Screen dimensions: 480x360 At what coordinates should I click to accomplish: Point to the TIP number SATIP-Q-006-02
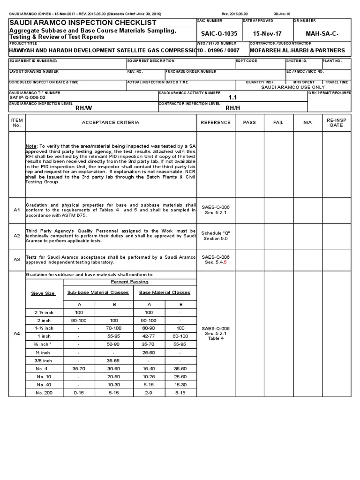tap(28, 97)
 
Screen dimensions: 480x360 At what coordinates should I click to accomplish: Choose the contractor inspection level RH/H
tap(232, 107)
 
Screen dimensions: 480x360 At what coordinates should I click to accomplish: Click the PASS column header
tap(250, 122)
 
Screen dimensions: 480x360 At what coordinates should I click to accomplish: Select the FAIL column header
tap(278, 122)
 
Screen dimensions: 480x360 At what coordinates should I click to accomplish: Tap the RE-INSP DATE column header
tap(336, 122)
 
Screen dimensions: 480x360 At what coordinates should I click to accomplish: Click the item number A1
tap(17, 210)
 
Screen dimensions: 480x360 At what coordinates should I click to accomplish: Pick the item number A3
tap(17, 259)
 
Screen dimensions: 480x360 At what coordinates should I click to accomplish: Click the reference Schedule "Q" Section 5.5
tap(216, 235)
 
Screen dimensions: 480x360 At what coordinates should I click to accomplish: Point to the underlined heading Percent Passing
tap(129, 282)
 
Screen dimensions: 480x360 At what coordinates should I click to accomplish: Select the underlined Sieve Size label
tap(43, 293)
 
